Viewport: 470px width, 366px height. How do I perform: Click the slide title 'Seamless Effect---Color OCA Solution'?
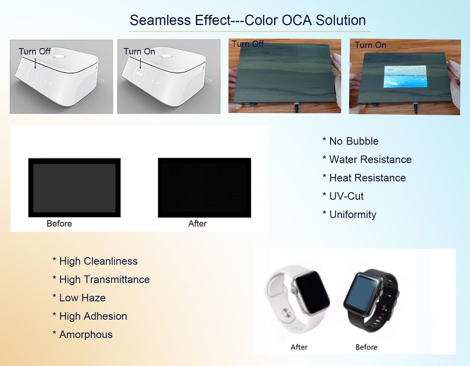tap(248, 20)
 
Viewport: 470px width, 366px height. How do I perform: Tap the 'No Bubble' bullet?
tap(351, 141)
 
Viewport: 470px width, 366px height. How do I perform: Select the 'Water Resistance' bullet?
tap(367, 160)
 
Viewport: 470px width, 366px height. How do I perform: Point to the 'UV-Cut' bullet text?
tap(343, 196)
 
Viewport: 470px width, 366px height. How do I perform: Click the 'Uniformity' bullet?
tap(349, 215)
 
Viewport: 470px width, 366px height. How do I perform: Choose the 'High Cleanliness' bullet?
tap(95, 261)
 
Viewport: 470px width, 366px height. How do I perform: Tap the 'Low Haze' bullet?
tap(79, 298)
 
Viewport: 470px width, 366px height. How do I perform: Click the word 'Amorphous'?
tap(86, 335)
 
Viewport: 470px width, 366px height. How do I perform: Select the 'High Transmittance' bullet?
tap(101, 280)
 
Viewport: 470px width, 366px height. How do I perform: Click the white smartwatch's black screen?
tap(312, 291)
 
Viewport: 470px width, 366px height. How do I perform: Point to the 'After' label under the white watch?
tap(299, 347)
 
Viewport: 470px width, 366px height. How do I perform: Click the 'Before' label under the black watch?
tap(366, 347)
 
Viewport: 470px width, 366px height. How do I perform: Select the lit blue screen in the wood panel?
tap(405, 76)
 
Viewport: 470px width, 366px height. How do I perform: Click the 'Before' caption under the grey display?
tap(59, 224)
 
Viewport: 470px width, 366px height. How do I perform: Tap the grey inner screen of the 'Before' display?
tap(74, 188)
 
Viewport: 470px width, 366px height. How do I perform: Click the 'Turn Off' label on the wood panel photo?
tap(248, 44)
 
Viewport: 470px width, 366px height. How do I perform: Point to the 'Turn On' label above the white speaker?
tap(139, 51)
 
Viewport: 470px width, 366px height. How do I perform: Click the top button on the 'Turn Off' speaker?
tap(59, 56)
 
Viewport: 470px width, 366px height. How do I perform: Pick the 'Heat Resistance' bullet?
tap(364, 178)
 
